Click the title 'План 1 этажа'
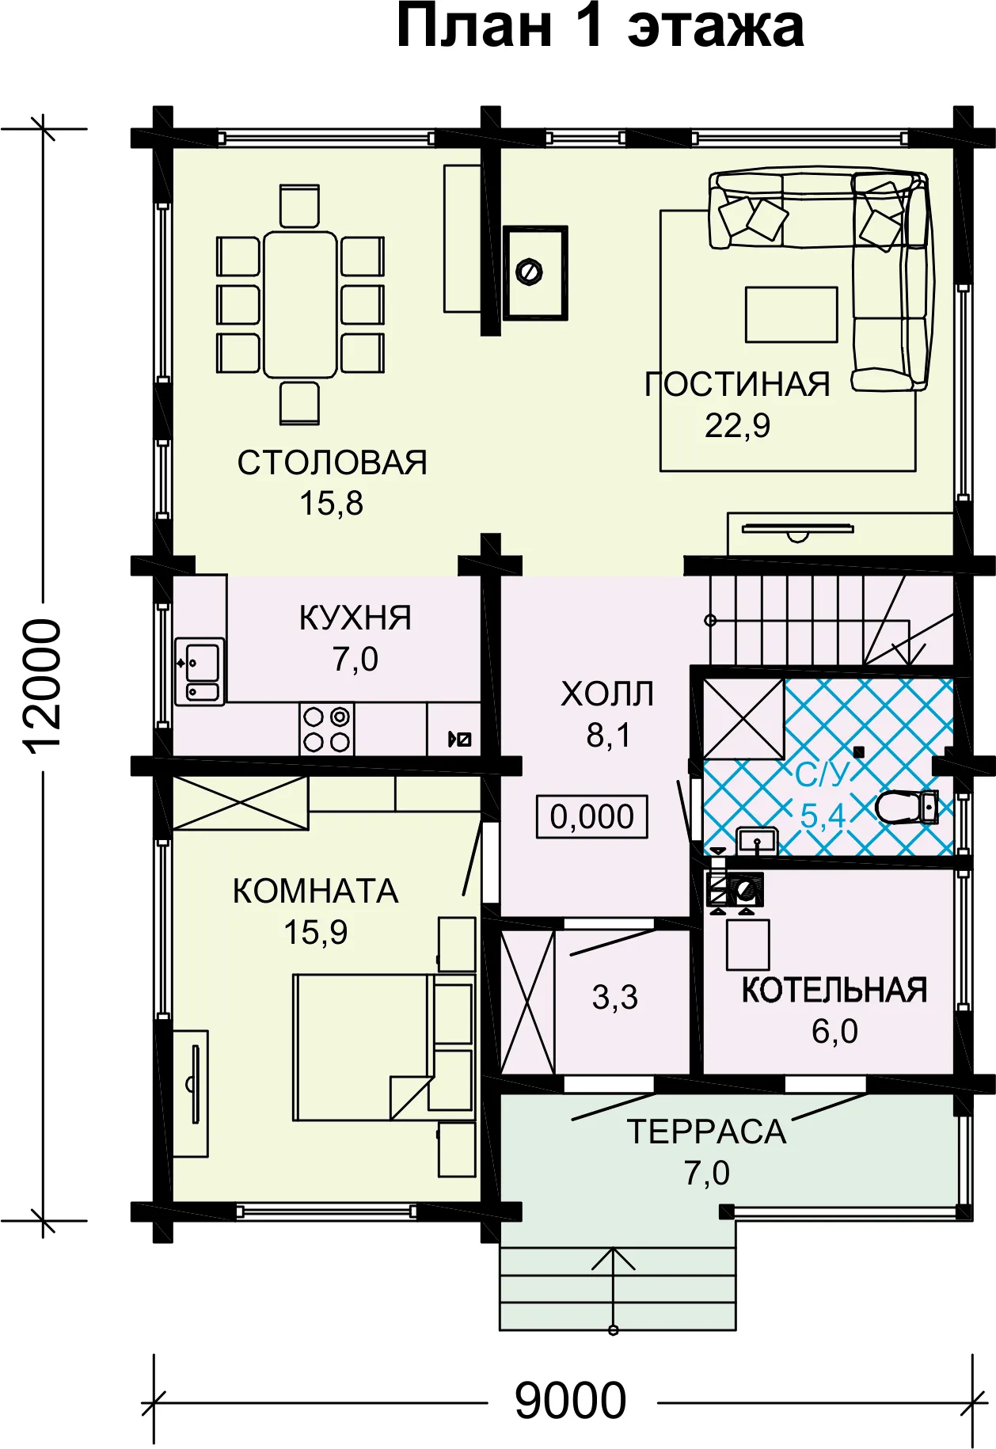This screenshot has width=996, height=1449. point(600,27)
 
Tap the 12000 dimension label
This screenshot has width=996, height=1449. point(41,685)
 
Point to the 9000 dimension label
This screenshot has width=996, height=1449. point(571,1401)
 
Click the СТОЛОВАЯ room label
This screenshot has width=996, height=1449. point(332,462)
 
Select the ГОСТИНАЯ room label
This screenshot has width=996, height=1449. point(737,384)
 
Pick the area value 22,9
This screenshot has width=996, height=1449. point(737,426)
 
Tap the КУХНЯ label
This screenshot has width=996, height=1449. point(355,618)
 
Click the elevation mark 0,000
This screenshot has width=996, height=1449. point(592,816)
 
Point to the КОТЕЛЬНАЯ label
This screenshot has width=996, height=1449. point(834,990)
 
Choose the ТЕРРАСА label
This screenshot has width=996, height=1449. point(706,1131)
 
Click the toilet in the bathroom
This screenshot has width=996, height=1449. point(907,808)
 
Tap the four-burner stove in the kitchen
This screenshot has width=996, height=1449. point(327,729)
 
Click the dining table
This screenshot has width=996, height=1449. point(300,305)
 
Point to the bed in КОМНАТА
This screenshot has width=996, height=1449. point(363,1047)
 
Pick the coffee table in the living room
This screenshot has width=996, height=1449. point(791,314)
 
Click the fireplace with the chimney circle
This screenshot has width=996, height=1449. point(535,272)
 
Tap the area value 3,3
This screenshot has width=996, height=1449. point(614,998)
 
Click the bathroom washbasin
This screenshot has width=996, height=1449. point(757,840)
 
